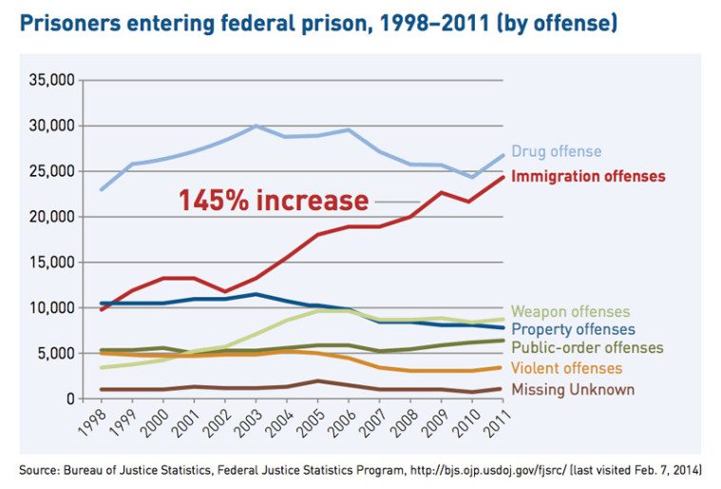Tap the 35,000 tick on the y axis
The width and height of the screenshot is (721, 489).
pyautogui.click(x=49, y=80)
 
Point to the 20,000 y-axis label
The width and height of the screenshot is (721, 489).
pyautogui.click(x=49, y=217)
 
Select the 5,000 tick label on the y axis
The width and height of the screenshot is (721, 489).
pyautogui.click(x=53, y=353)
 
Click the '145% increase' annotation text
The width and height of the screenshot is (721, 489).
pyautogui.click(x=274, y=202)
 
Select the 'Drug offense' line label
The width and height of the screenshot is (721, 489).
pyautogui.click(x=556, y=151)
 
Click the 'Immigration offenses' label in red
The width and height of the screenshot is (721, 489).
pyautogui.click(x=588, y=176)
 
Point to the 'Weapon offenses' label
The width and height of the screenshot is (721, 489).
pyautogui.click(x=570, y=312)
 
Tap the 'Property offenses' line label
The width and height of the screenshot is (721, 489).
pyautogui.click(x=573, y=330)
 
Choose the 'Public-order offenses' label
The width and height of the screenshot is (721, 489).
pyautogui.click(x=587, y=348)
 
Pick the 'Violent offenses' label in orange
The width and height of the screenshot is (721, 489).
pyautogui.click(x=566, y=368)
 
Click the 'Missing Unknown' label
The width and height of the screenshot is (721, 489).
pyautogui.click(x=573, y=389)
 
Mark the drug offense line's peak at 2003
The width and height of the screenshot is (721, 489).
pyautogui.click(x=256, y=126)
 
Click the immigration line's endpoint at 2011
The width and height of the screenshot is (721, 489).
pyautogui.click(x=503, y=177)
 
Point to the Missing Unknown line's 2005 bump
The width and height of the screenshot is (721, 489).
pyautogui.click(x=318, y=381)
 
